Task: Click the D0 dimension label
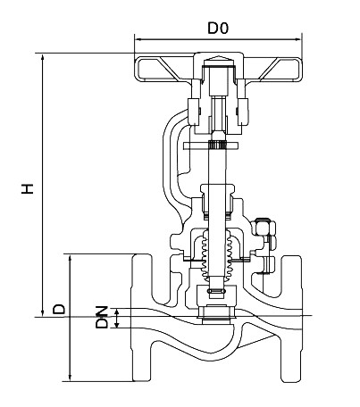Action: [218, 28]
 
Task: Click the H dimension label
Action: [28, 189]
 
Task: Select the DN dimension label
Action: [102, 317]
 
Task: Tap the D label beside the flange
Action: [58, 310]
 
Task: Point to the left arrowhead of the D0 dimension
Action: [138, 39]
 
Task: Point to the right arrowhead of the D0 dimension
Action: [298, 39]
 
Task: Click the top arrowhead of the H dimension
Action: [43, 57]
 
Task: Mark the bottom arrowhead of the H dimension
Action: [43, 313]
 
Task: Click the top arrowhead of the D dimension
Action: [71, 258]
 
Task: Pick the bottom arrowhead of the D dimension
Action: [71, 378]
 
